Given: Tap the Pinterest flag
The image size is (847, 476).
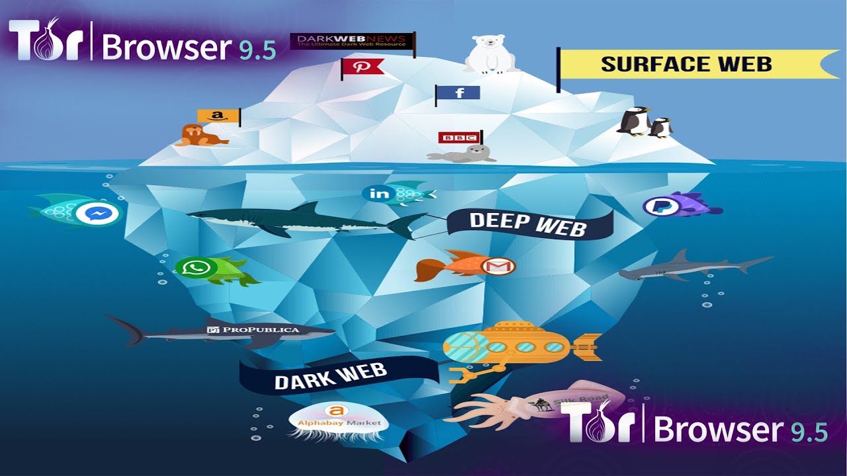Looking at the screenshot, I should (363, 67).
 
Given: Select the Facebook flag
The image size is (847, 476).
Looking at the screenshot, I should (459, 93).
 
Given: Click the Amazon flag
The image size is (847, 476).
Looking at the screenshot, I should (217, 116).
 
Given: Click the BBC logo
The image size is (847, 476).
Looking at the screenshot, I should (457, 138).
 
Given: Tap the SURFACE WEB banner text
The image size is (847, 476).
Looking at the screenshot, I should (686, 64).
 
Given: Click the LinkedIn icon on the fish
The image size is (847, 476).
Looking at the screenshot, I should (380, 193).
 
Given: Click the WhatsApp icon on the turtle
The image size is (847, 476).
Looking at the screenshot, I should (195, 268).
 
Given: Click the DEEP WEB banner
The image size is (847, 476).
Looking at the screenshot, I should (527, 223).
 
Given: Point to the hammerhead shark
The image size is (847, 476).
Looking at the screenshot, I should (691, 266).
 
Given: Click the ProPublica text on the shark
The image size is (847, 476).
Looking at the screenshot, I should (261, 329).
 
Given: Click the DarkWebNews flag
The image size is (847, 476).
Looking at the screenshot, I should (351, 42).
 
